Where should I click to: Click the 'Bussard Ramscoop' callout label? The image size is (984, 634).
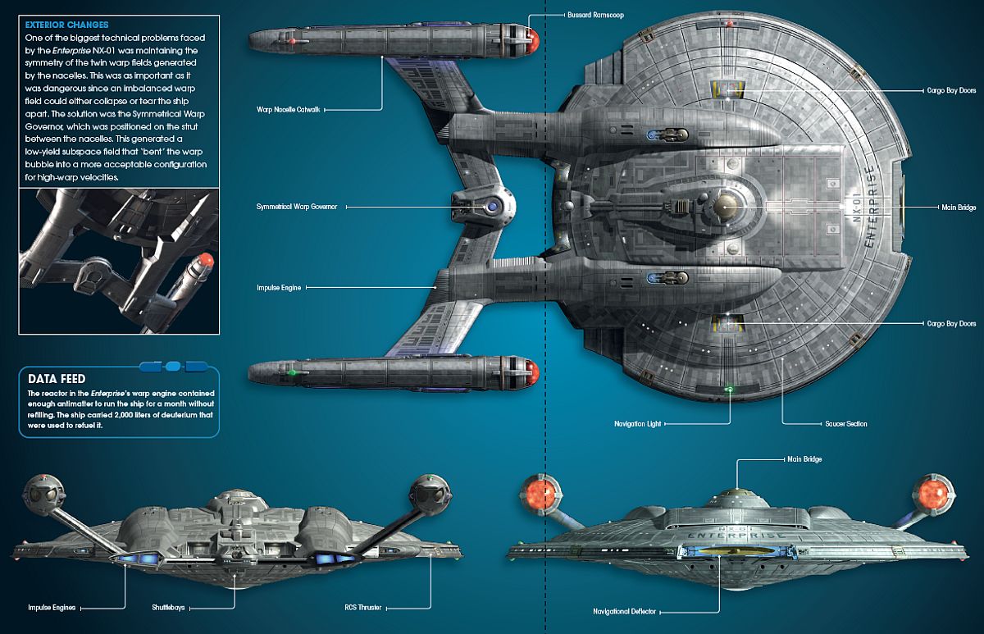595,15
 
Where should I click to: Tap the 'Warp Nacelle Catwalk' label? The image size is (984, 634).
288,109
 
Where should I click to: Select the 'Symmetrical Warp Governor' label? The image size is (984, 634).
297,207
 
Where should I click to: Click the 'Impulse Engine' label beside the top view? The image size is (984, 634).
279,288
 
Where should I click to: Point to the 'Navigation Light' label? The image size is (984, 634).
637,424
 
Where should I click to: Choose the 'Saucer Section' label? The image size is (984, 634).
846,424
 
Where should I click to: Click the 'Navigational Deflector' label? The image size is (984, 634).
624,612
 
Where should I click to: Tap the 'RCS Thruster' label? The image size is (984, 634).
362,608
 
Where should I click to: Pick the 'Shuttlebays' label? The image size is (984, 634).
168,608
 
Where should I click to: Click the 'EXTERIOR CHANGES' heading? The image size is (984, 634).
66,25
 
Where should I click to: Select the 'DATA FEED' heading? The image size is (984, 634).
57,379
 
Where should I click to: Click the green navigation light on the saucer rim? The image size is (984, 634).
730,390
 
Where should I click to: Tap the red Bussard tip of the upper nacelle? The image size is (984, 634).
532,40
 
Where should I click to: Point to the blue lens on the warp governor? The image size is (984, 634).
493,207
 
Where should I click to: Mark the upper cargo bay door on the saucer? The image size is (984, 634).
727,89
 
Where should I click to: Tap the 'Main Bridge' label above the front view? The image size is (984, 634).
804,459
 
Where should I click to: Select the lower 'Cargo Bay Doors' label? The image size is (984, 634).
951,324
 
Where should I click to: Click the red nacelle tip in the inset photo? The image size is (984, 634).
204,260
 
